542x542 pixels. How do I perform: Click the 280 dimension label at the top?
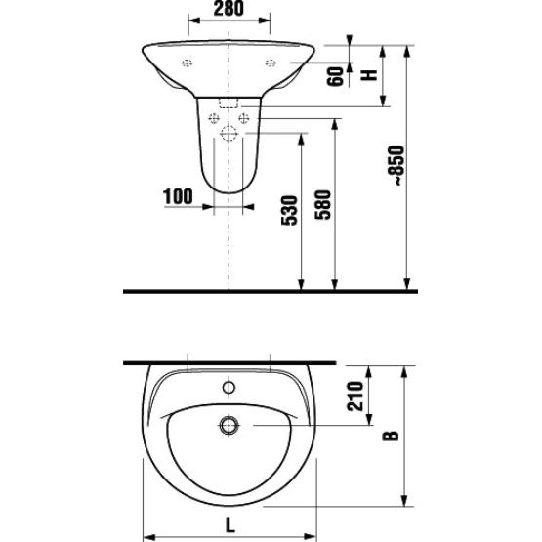[229, 9]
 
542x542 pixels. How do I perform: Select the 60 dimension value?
[336, 76]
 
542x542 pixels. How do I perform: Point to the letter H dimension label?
[369, 74]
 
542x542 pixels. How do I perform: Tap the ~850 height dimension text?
[396, 166]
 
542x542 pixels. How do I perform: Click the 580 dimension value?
[323, 204]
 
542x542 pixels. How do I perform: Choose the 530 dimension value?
[289, 211]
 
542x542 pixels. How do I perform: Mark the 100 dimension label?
[178, 196]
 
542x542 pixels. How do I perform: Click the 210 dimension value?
[355, 396]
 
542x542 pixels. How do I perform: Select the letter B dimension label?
[391, 436]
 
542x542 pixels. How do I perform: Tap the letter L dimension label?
[230, 525]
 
